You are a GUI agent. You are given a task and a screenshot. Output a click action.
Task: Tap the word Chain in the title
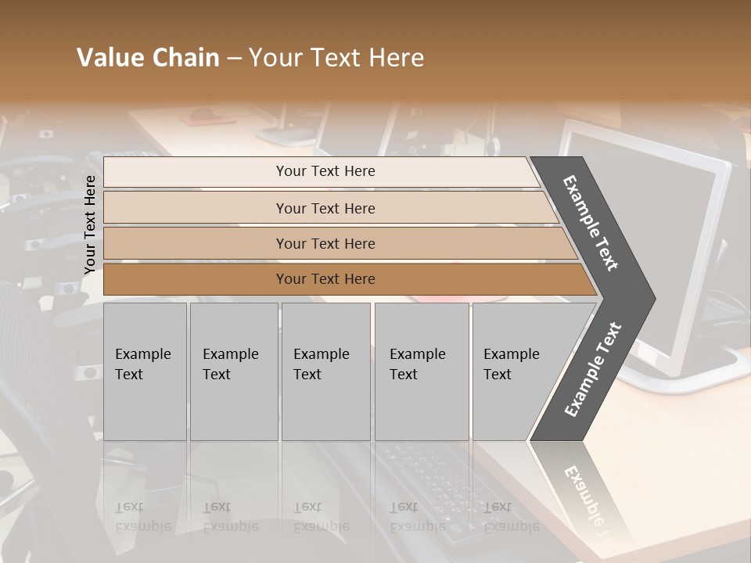187,58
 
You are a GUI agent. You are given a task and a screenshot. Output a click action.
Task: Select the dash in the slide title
234,59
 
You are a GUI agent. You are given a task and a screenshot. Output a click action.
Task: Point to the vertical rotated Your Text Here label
90,224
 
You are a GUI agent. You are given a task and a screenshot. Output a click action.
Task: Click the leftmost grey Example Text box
145,371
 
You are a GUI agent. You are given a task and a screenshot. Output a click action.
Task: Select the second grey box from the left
234,371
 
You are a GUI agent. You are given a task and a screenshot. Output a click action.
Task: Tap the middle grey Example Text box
325,371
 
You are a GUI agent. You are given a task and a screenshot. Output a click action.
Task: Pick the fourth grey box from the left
422,371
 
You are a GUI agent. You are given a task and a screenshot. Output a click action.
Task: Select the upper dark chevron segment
591,223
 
